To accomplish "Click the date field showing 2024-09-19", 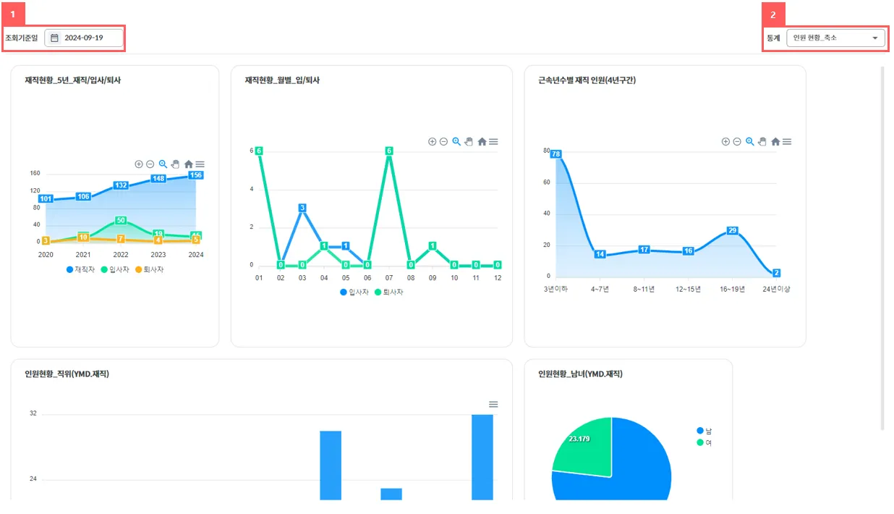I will tap(84, 38).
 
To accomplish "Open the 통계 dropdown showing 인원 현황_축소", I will tap(835, 38).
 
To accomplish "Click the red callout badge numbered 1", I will tap(13, 14).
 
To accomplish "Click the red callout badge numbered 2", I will tap(773, 14).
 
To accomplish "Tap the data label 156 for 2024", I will tap(195, 175).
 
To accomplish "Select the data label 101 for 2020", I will tap(46, 198).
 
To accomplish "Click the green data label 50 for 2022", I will tap(121, 220).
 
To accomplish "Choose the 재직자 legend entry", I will tap(81, 269).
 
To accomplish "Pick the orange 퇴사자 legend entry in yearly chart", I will tap(150, 269).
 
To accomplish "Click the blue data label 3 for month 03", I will tap(302, 208).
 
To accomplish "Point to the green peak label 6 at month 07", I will tap(389, 151).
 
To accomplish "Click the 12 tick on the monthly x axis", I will tap(498, 278).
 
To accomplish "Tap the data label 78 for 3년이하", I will tap(556, 153).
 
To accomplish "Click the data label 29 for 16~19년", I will tap(732, 230).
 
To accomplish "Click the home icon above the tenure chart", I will tap(775, 142).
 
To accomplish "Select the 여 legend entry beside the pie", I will tap(704, 442).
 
